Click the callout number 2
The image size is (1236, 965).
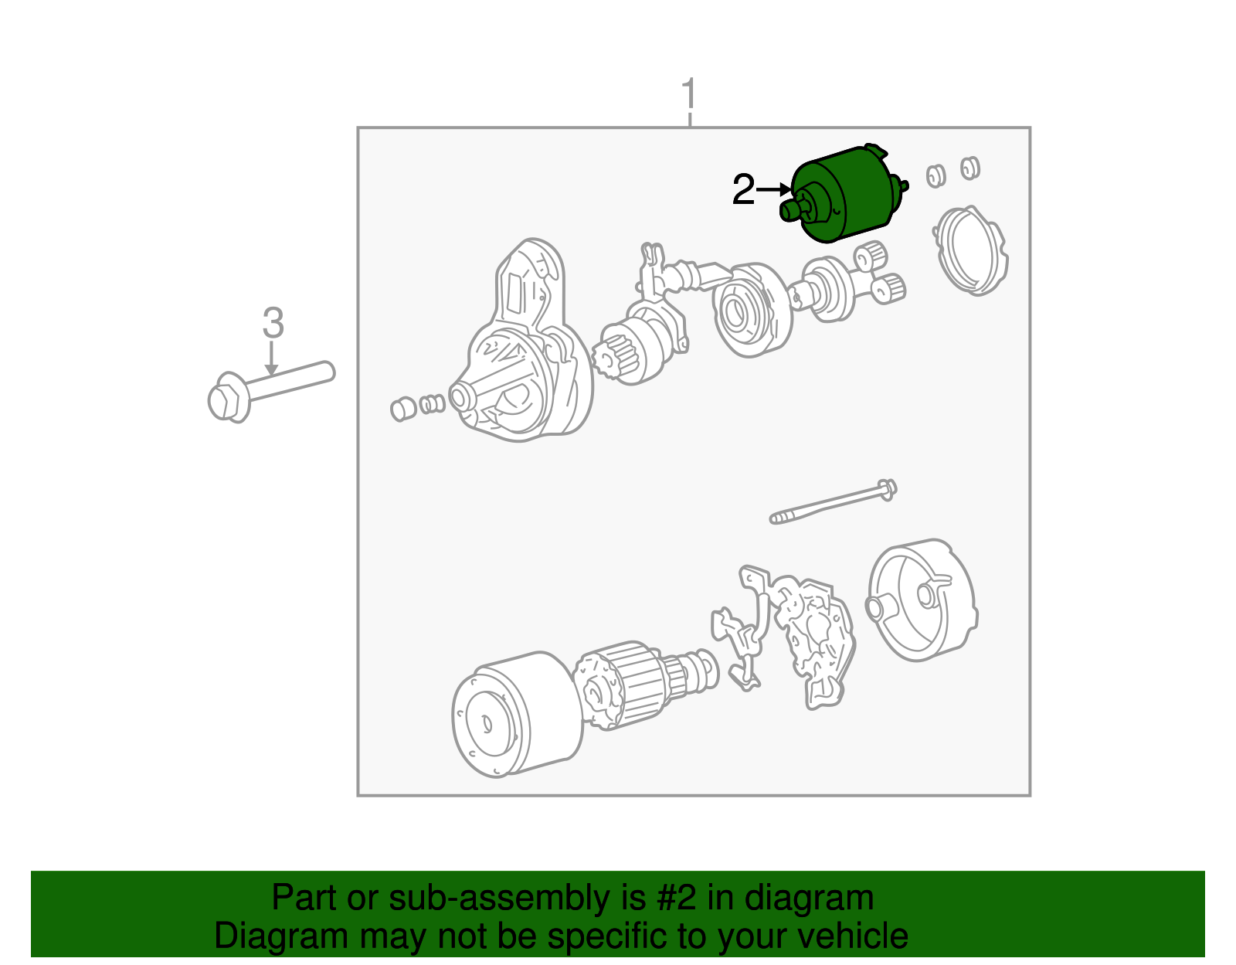coord(742,190)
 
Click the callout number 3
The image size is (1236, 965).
coord(273,323)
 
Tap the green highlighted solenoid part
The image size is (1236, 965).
coord(846,193)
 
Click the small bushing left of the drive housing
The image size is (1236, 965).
coord(402,409)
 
